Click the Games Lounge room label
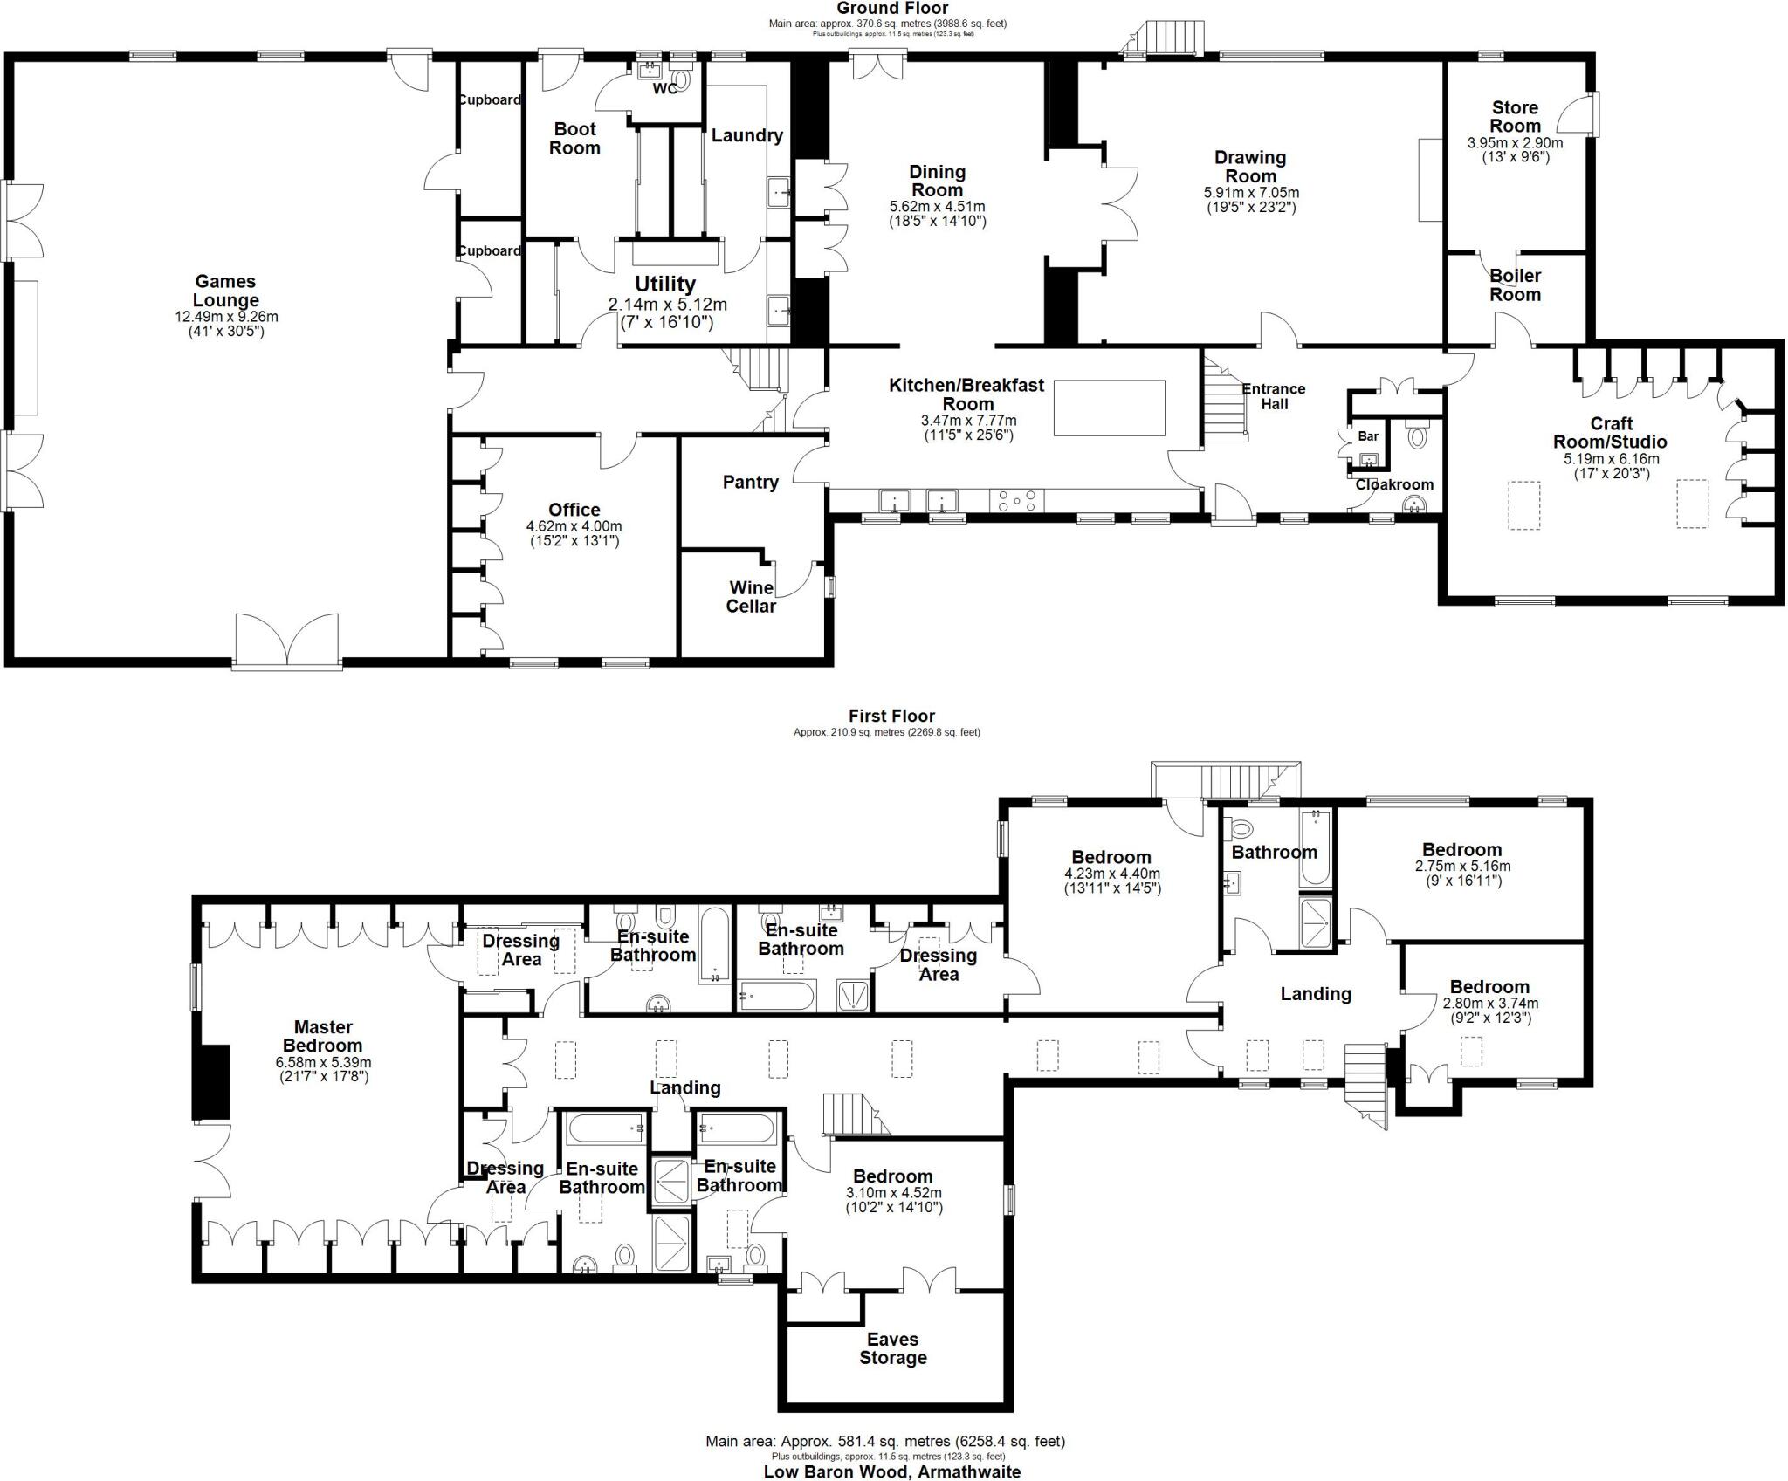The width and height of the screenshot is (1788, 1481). tap(225, 291)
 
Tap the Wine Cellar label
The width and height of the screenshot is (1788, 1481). tap(751, 597)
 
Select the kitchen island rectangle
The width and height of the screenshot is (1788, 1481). tap(1110, 408)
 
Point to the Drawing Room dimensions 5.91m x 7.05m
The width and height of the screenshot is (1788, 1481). tap(1250, 193)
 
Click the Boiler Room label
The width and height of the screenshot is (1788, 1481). tap(1515, 285)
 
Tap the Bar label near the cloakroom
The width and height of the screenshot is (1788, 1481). tap(1368, 436)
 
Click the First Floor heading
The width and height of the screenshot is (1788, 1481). tap(891, 716)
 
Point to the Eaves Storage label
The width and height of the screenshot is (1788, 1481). tap(892, 1348)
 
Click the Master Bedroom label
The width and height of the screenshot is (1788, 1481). tap(322, 1036)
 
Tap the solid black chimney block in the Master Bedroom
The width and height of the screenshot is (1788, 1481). tap(210, 1081)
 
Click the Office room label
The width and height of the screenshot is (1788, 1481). tap(574, 510)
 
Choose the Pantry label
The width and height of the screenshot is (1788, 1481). tap(750, 482)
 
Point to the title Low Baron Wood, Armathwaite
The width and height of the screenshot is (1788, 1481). tap(891, 1471)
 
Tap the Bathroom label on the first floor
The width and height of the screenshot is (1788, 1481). tap(1274, 852)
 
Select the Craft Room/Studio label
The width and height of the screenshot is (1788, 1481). tap(1610, 433)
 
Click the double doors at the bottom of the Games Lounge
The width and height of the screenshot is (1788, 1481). tap(286, 642)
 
